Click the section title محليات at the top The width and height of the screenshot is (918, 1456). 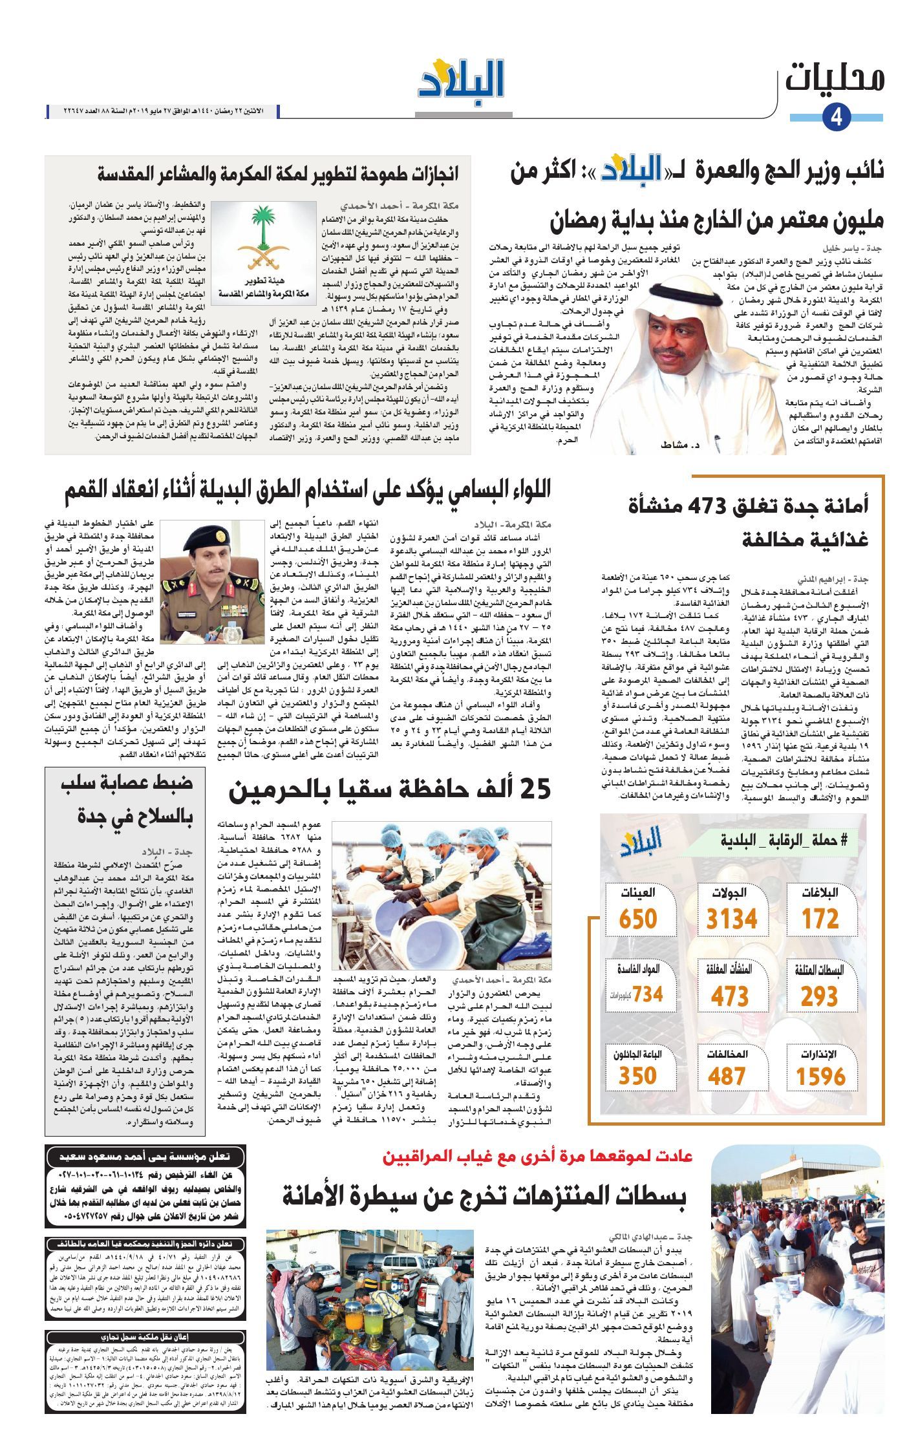click(x=835, y=78)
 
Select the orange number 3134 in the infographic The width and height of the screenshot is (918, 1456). click(x=731, y=919)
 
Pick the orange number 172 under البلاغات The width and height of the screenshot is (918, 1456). click(x=820, y=919)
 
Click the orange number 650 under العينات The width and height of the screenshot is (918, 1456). click(x=637, y=919)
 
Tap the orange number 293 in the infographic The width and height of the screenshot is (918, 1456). click(x=819, y=997)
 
